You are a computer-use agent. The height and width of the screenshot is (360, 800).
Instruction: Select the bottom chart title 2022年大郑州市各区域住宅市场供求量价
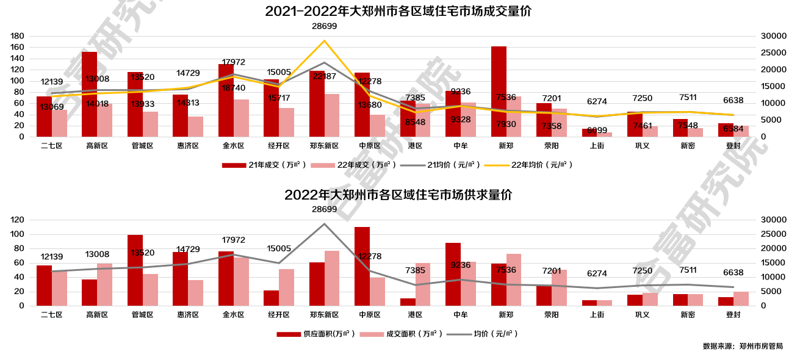point(398,195)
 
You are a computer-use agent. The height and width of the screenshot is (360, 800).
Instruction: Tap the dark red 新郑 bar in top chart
point(499,92)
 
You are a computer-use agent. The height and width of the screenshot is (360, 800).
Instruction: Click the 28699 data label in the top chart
point(324,26)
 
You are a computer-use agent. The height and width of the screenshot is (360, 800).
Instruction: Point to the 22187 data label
point(324,76)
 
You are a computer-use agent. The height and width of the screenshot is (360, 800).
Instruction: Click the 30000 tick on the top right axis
point(773,36)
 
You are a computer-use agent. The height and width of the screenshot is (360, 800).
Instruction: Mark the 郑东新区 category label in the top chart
point(324,146)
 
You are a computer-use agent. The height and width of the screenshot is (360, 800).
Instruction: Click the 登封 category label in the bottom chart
point(733,315)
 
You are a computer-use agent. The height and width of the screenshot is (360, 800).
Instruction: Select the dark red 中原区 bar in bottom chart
point(362,266)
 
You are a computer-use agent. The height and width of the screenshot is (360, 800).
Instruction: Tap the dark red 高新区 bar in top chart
point(89,94)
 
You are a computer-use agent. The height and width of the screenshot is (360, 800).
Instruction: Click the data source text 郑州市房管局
point(760,347)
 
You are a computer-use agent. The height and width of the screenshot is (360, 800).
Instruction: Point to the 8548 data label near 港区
point(415,122)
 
